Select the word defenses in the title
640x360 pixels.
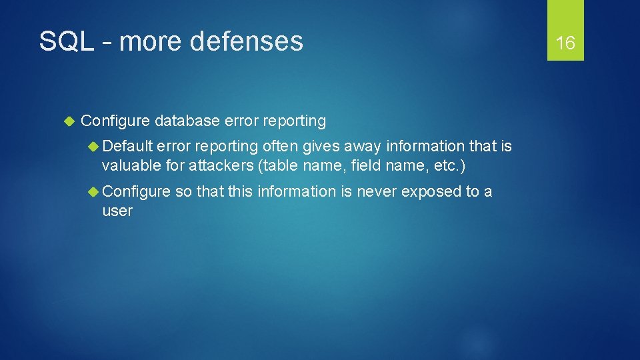pos(246,41)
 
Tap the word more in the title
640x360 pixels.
pos(151,41)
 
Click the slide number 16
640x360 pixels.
pos(565,43)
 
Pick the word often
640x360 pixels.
pos(279,146)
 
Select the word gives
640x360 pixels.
pos(320,146)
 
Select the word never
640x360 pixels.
pos(377,192)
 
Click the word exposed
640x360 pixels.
pos(431,192)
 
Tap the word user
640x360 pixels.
pos(117,211)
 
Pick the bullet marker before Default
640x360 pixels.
pos(95,146)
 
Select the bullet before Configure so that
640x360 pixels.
pos(95,192)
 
